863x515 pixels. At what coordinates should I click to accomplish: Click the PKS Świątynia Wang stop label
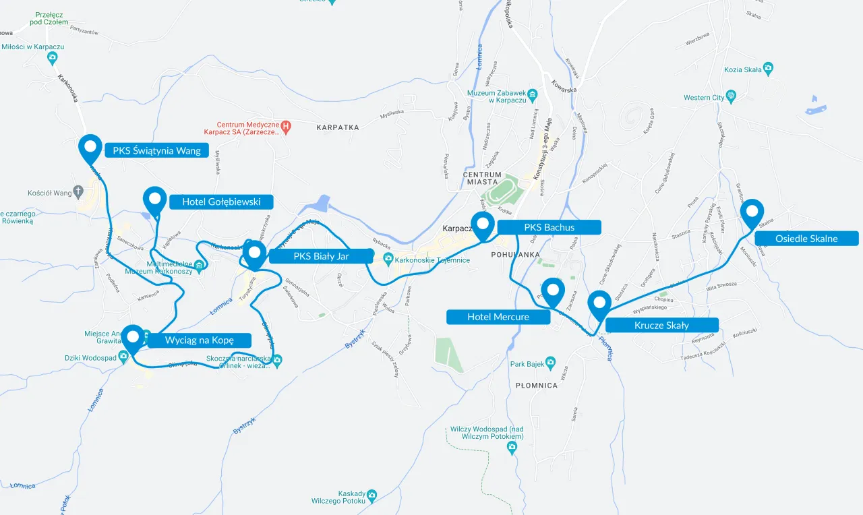pyautogui.click(x=157, y=150)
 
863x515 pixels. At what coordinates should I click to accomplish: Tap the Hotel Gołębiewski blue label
pyautogui.click(x=221, y=202)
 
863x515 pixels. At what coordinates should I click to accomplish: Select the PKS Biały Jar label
pyautogui.click(x=321, y=256)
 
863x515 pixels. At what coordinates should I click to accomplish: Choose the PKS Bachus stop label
pyautogui.click(x=549, y=227)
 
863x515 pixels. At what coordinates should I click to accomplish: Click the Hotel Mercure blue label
pyautogui.click(x=498, y=317)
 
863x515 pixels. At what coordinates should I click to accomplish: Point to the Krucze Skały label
pyautogui.click(x=661, y=325)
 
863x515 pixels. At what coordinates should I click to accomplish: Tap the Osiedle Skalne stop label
pyautogui.click(x=806, y=238)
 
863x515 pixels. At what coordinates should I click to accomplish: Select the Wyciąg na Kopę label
pyautogui.click(x=199, y=340)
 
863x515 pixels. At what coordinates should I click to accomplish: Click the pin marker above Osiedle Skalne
pyautogui.click(x=752, y=211)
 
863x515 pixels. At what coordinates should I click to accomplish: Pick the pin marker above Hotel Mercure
pyautogui.click(x=553, y=290)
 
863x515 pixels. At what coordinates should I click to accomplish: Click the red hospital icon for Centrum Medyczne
pyautogui.click(x=286, y=125)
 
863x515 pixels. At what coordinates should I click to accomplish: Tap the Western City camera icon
pyautogui.click(x=731, y=97)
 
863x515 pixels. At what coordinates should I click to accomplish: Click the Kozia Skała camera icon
pyautogui.click(x=768, y=68)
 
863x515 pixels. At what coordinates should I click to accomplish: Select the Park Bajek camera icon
pyautogui.click(x=550, y=363)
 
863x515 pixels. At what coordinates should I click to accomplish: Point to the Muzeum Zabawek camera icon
pyautogui.click(x=532, y=94)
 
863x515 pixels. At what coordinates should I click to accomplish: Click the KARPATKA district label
pyautogui.click(x=338, y=127)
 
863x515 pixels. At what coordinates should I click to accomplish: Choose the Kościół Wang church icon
pyautogui.click(x=78, y=192)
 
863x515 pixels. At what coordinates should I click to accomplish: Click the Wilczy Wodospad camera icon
pyautogui.click(x=512, y=446)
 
